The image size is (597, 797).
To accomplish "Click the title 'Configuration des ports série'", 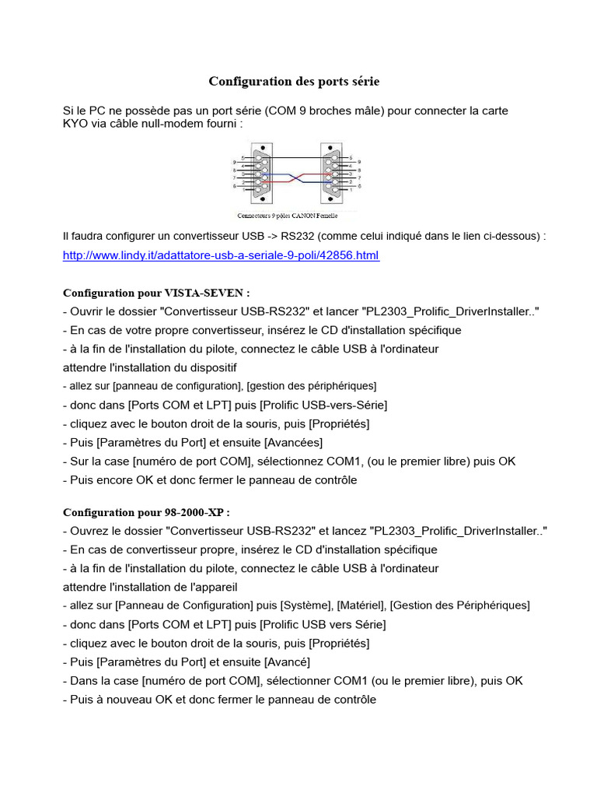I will tap(294, 82).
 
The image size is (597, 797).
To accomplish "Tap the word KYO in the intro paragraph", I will tap(75, 124).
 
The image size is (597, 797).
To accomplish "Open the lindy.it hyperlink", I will tap(221, 255).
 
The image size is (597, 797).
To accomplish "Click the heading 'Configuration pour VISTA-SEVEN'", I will tap(156, 293).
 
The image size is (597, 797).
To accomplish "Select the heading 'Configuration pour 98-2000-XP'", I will tap(146, 512).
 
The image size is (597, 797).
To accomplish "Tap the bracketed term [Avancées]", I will tap(292, 443).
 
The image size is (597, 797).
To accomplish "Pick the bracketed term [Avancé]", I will tap(288, 662).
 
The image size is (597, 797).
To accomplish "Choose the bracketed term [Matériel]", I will tap(361, 606).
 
